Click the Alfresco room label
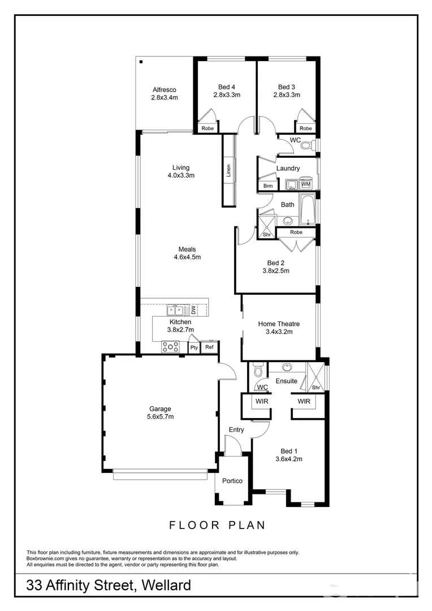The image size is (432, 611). click(x=165, y=89)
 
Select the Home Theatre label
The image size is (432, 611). click(x=279, y=324)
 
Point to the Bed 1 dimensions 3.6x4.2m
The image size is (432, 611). click(x=287, y=459)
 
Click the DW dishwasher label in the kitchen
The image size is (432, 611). click(x=193, y=310)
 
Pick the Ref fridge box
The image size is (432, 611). click(x=210, y=347)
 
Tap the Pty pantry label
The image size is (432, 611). click(x=194, y=347)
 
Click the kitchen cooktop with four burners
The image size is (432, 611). click(x=171, y=346)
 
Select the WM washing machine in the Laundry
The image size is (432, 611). click(x=306, y=184)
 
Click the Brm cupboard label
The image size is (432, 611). click(x=267, y=186)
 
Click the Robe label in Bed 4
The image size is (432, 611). click(x=208, y=128)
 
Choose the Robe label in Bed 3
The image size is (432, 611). click(x=305, y=128)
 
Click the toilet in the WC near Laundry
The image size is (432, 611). click(x=306, y=145)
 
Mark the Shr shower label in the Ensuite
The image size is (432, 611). click(x=316, y=388)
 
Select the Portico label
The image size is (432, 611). click(x=232, y=481)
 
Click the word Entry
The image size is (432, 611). click(x=236, y=430)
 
